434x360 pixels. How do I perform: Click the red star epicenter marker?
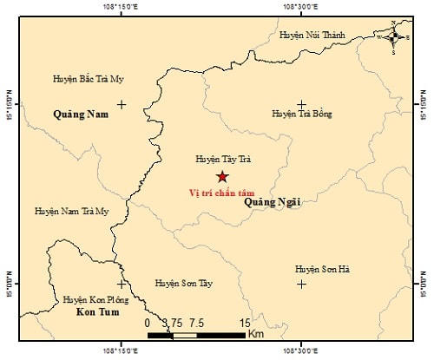pyautogui.click(x=221, y=176)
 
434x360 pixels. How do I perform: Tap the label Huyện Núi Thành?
pyautogui.click(x=312, y=35)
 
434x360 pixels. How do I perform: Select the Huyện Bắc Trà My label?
pyautogui.click(x=89, y=79)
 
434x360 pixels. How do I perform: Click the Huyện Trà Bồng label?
pyautogui.click(x=301, y=114)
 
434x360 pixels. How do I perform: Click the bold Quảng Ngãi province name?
pyautogui.click(x=272, y=201)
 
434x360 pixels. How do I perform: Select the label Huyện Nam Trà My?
pyautogui.click(x=72, y=211)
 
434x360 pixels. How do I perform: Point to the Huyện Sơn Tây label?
pyautogui.click(x=182, y=283)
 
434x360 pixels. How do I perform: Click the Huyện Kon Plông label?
pyautogui.click(x=96, y=299)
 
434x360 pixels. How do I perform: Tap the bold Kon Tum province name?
pyautogui.click(x=96, y=311)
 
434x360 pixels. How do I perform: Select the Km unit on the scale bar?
pyautogui.click(x=256, y=333)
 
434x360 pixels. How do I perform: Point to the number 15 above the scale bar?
pyautogui.click(x=245, y=322)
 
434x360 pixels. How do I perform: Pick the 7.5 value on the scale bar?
pyautogui.click(x=196, y=322)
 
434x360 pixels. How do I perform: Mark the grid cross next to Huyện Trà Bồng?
pyautogui.click(x=301, y=105)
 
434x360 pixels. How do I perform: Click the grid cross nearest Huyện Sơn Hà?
pyautogui.click(x=301, y=283)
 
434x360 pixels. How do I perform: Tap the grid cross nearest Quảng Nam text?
pyautogui.click(x=122, y=105)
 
